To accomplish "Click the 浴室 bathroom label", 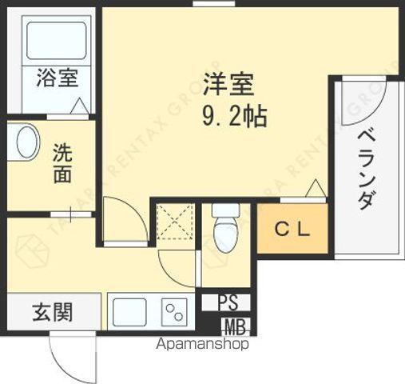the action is (57, 78).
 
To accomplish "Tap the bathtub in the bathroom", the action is (57, 41).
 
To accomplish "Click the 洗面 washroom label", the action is (62, 163).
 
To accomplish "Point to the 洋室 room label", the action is (228, 84).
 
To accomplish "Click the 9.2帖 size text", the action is (235, 117).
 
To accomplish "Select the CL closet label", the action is (292, 229).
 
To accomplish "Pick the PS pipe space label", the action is (228, 302).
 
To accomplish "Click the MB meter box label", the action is (235, 327).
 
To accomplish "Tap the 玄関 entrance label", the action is (53, 312).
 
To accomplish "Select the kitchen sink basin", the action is (129, 312).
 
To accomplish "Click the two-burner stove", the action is (175, 312).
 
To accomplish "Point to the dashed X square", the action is (175, 222).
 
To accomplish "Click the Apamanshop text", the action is (202, 344).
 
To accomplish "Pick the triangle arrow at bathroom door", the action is (80, 106).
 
